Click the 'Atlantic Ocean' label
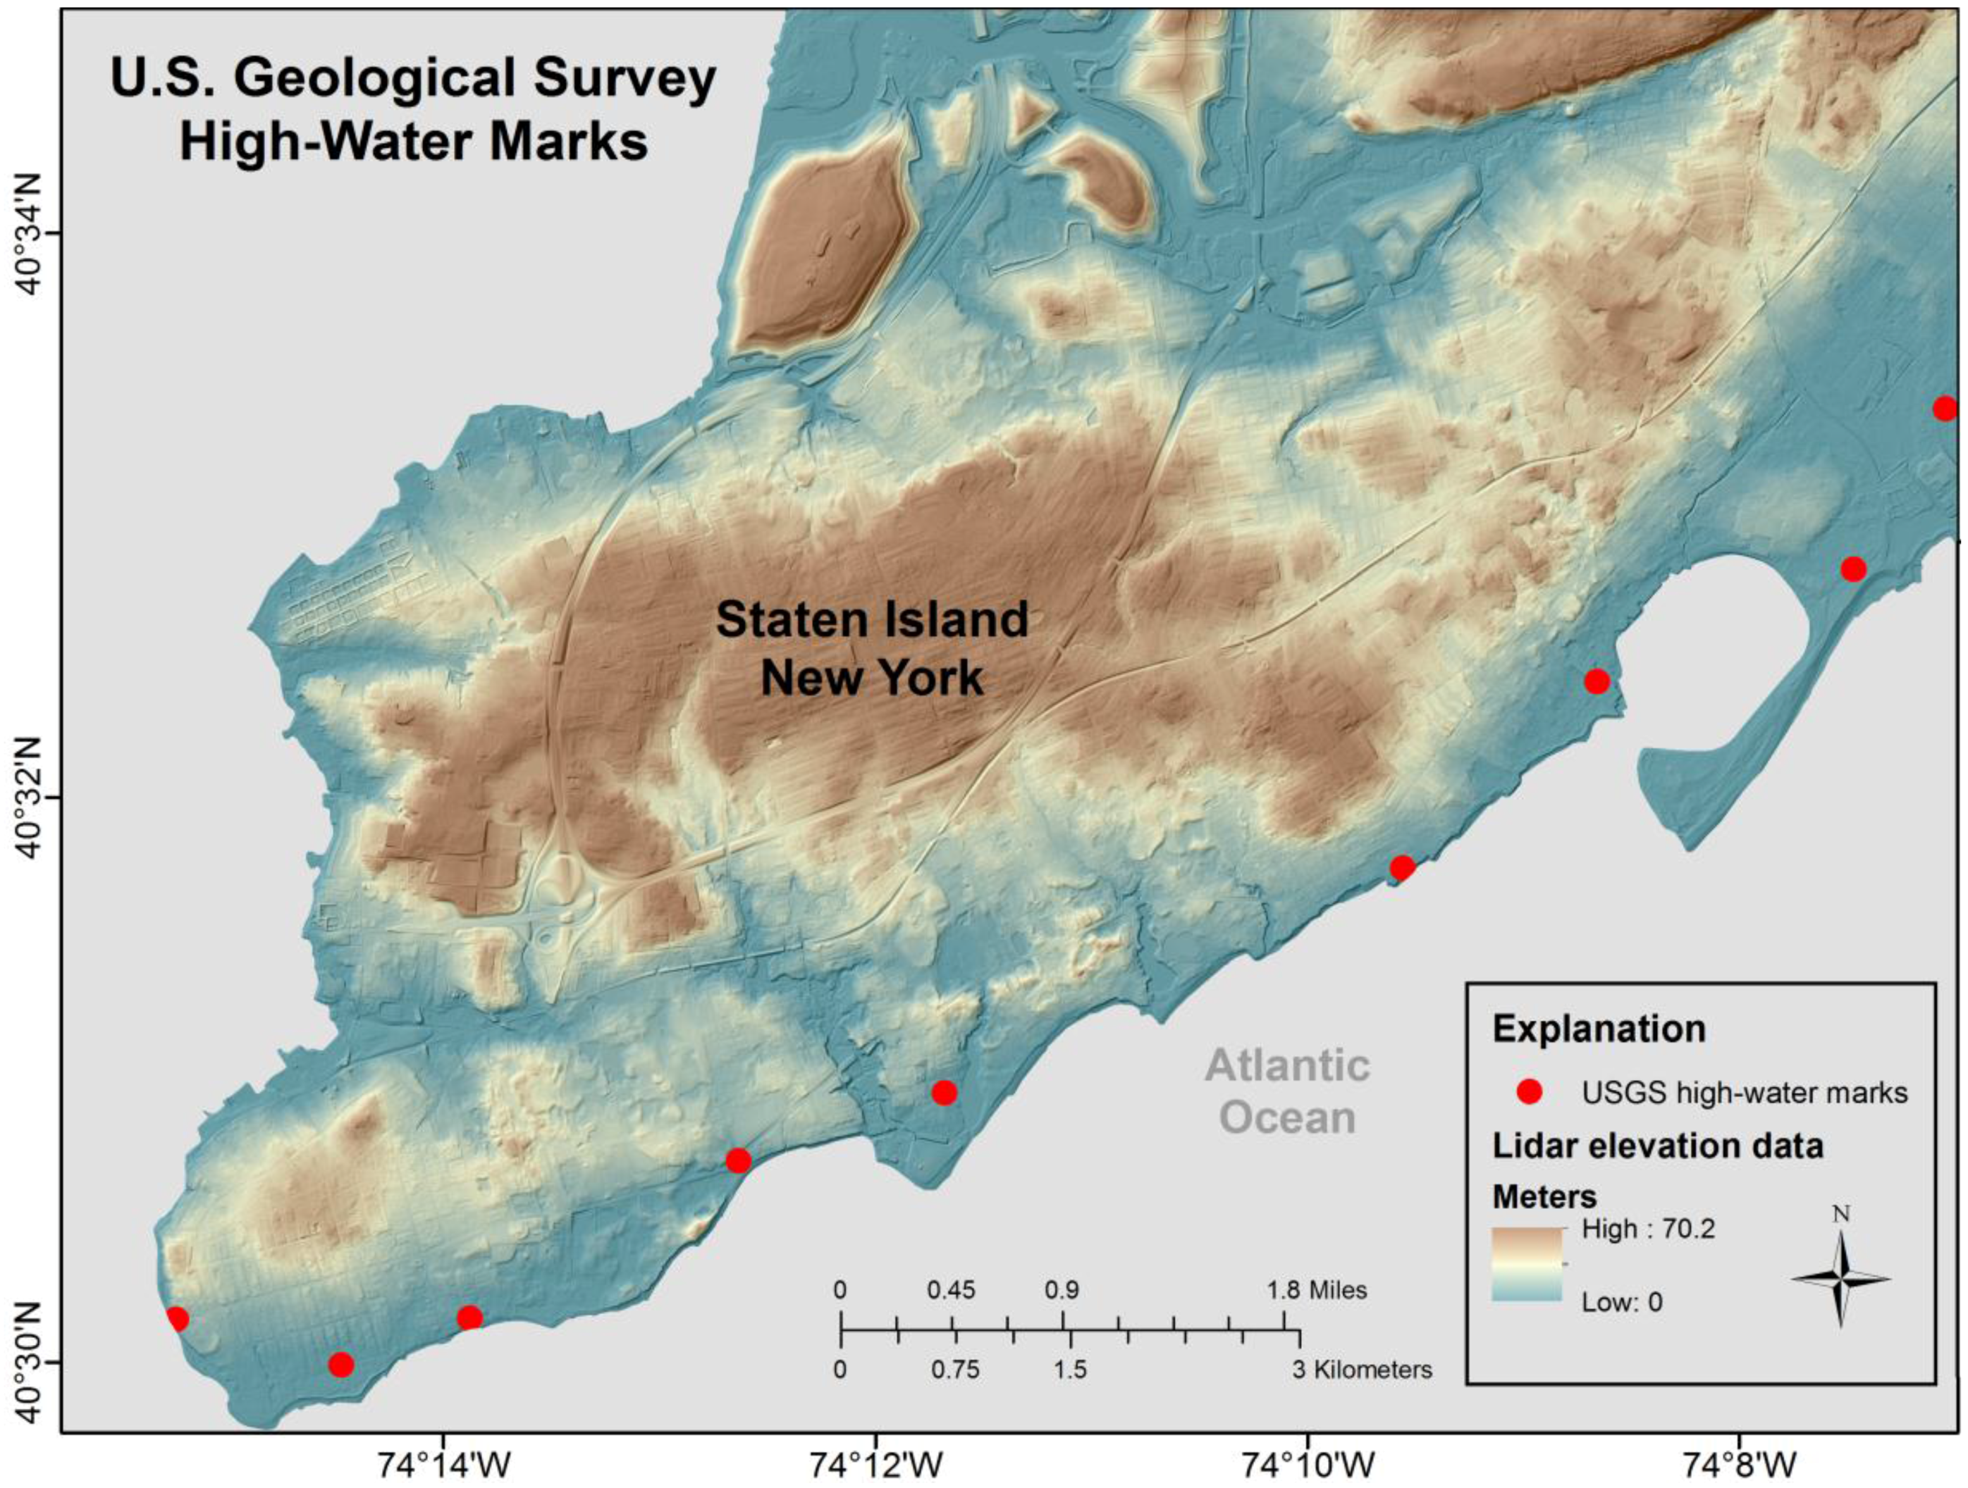(x=1286, y=1091)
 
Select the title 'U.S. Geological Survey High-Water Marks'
(x=414, y=109)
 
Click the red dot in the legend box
(x=1530, y=1092)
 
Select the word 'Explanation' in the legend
(x=1599, y=1029)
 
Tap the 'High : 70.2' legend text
(x=1648, y=1229)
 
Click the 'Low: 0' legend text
(x=1621, y=1303)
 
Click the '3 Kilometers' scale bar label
(x=1362, y=1369)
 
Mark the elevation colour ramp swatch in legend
(x=1527, y=1265)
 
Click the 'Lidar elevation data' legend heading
(x=1657, y=1146)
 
